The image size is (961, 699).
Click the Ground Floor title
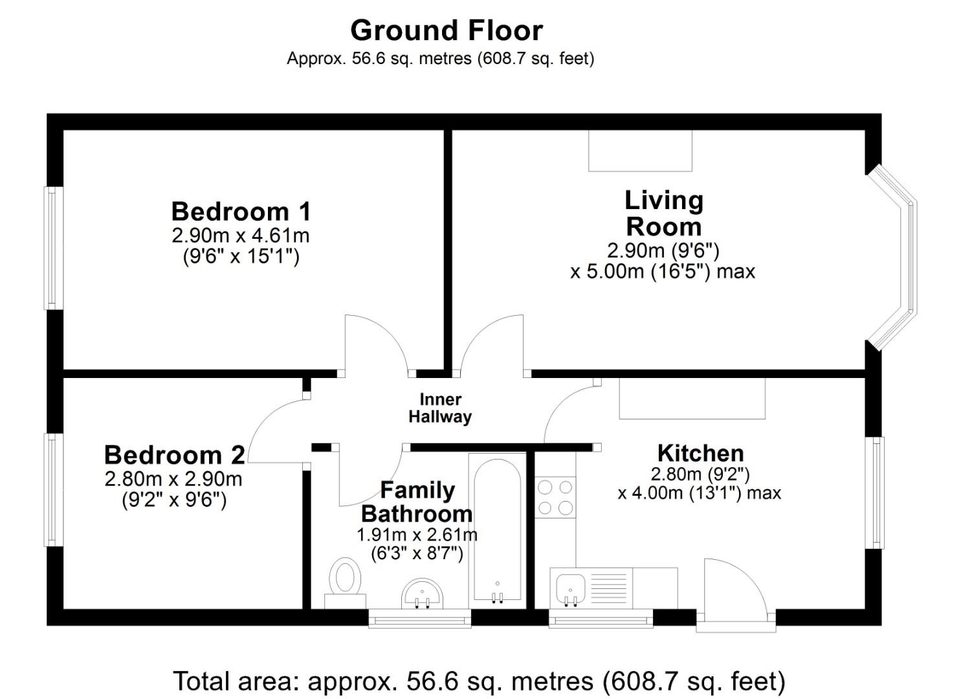[x=446, y=30]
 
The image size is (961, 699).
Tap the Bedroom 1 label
[x=241, y=212]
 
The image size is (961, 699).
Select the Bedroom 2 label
[x=174, y=455]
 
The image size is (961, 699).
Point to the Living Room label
[x=663, y=214]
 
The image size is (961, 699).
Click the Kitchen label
[x=700, y=452]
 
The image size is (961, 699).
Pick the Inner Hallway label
[x=440, y=408]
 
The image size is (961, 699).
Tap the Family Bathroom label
[x=417, y=502]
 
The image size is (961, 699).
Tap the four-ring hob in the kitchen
[x=555, y=497]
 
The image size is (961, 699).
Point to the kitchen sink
[x=570, y=588]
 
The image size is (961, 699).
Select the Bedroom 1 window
[x=53, y=248]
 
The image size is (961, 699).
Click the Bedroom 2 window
[x=53, y=489]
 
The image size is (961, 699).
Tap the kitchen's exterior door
[x=736, y=595]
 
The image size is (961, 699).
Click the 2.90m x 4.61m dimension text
[x=241, y=235]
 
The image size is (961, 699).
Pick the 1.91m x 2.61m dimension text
[x=417, y=535]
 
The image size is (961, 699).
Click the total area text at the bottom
[x=479, y=681]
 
